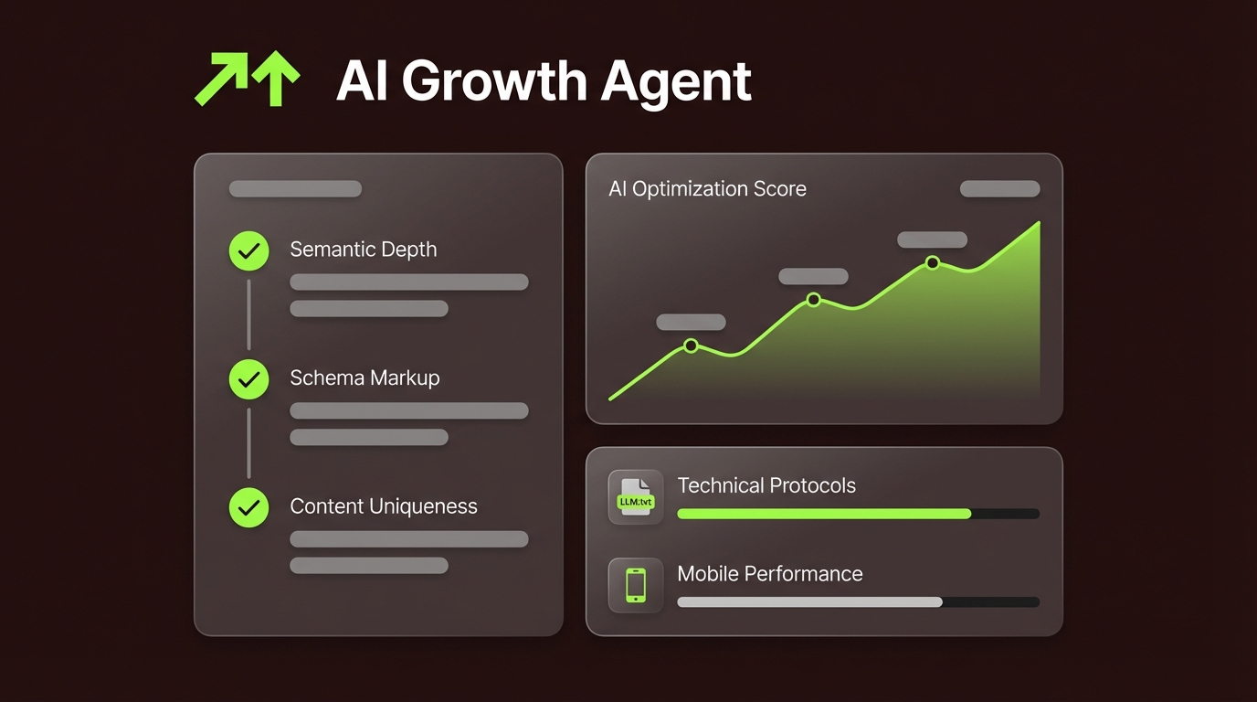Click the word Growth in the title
(492, 82)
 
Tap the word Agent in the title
(676, 82)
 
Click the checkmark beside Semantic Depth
(248, 250)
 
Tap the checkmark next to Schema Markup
(248, 379)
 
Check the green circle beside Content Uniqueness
(248, 507)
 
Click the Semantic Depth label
(363, 250)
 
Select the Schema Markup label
(364, 378)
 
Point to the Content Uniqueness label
(384, 506)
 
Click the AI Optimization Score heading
(707, 189)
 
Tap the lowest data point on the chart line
(691, 346)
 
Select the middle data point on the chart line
(813, 300)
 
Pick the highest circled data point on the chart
(932, 262)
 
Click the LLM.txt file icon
(636, 498)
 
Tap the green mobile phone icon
(636, 586)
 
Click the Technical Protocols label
(766, 485)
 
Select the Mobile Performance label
(769, 574)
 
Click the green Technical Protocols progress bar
(823, 514)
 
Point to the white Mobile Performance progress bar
(809, 602)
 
